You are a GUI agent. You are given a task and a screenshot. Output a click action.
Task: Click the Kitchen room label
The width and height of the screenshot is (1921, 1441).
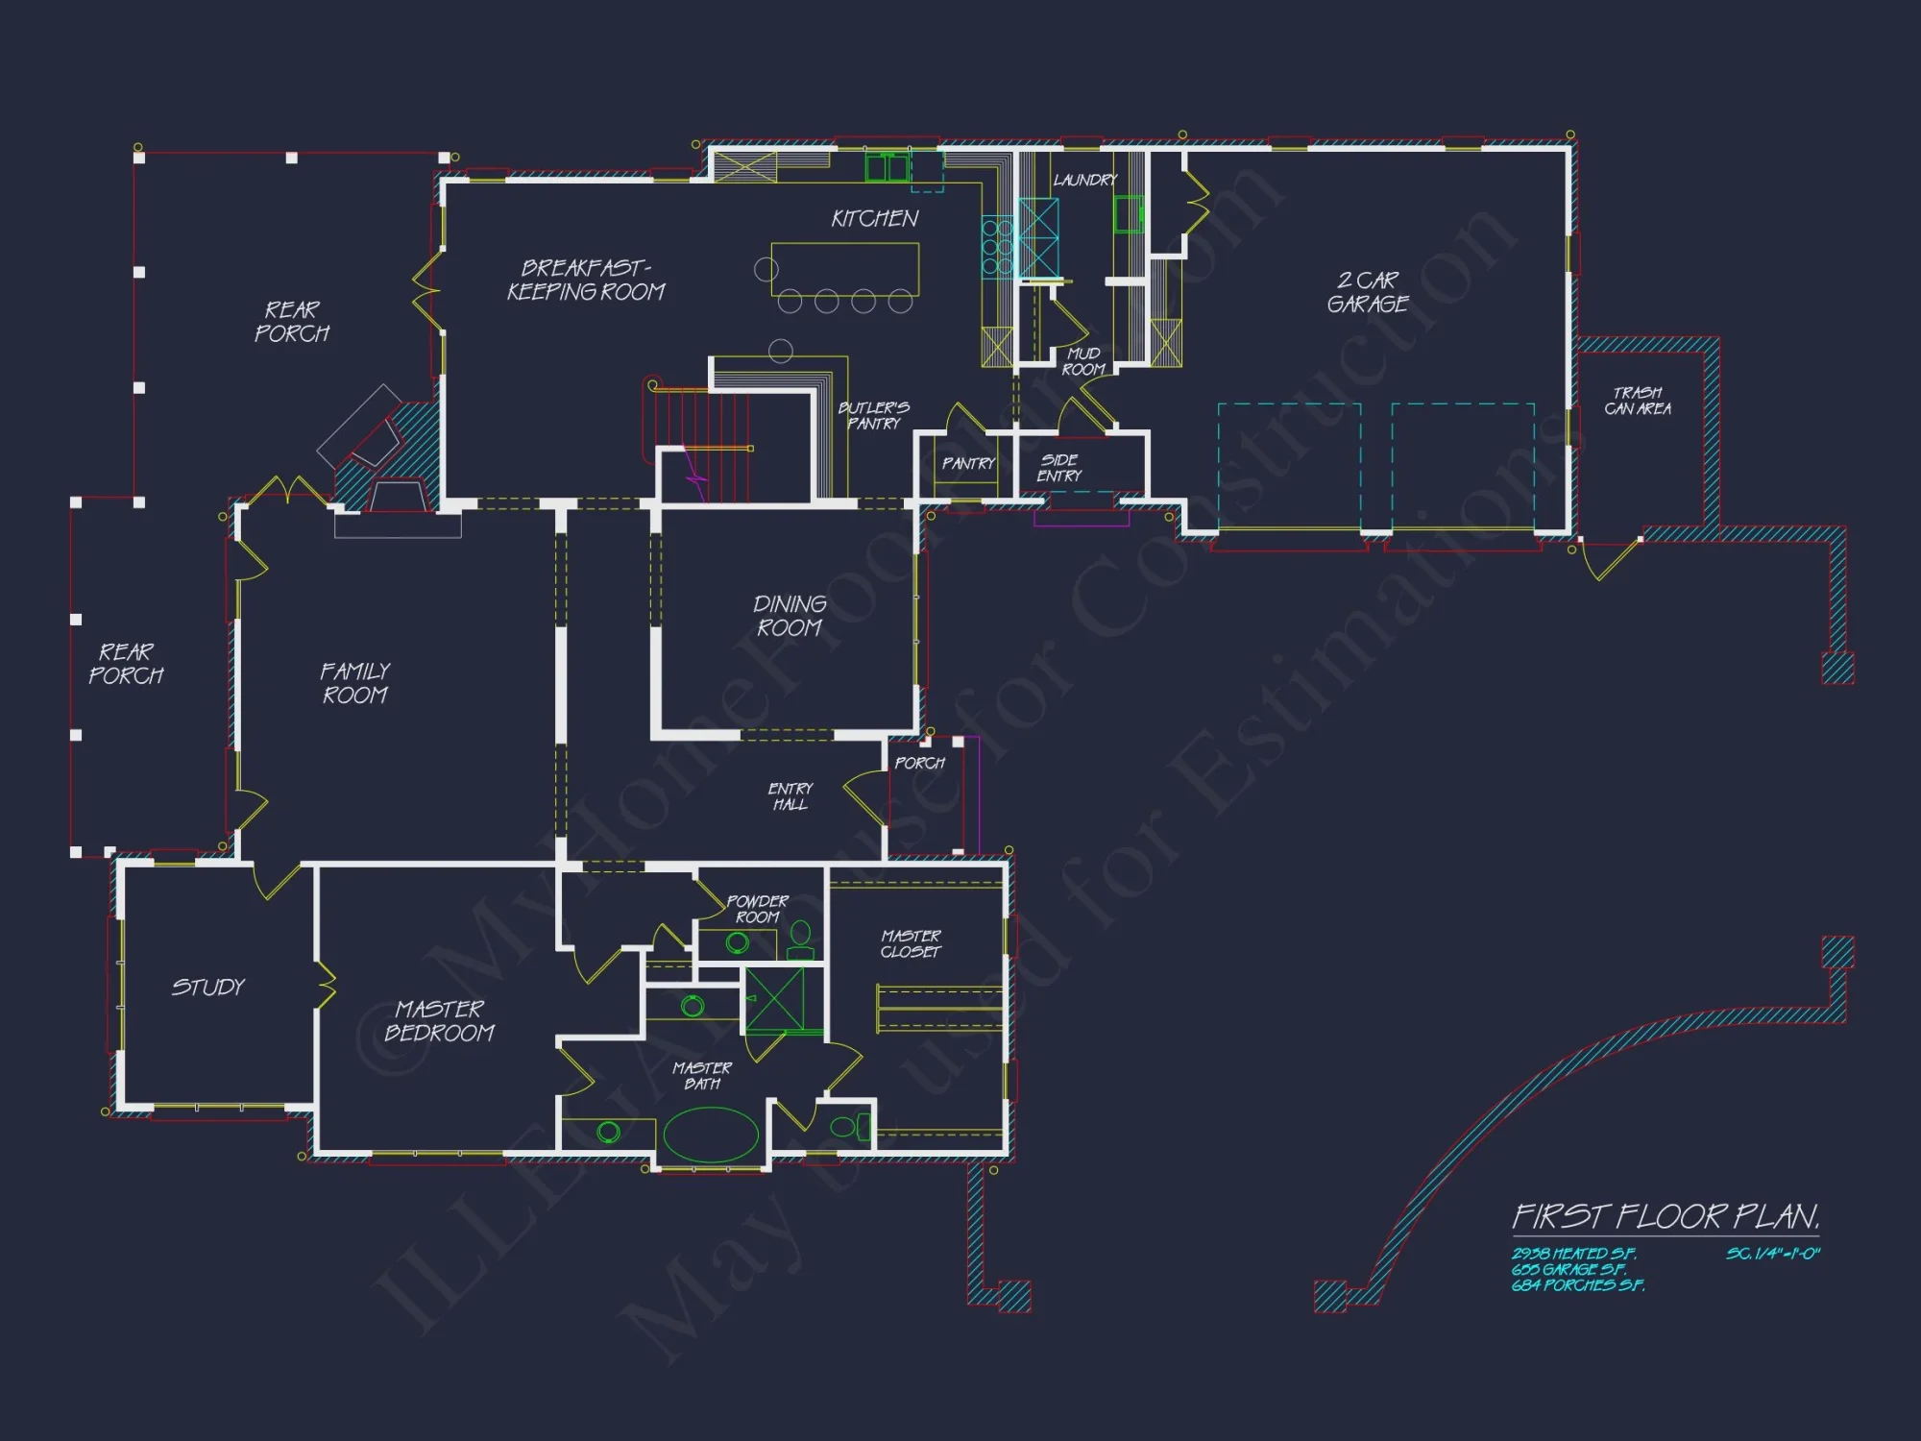pyautogui.click(x=874, y=219)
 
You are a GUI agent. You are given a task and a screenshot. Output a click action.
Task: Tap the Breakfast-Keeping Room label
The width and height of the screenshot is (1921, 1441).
pyautogui.click(x=586, y=280)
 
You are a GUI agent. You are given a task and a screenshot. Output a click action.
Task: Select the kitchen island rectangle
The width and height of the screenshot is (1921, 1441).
pyautogui.click(x=845, y=268)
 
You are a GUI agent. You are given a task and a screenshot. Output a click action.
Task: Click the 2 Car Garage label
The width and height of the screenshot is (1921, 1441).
pyautogui.click(x=1368, y=292)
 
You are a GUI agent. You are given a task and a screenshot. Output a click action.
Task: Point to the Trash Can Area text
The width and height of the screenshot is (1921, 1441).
pyautogui.click(x=1638, y=401)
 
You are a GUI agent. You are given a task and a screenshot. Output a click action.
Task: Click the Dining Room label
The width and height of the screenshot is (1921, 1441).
pyautogui.click(x=790, y=616)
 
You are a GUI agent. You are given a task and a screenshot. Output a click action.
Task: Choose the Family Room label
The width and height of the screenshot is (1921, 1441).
pyautogui.click(x=355, y=683)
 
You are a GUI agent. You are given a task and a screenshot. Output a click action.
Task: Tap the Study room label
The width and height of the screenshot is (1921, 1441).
pyautogui.click(x=208, y=988)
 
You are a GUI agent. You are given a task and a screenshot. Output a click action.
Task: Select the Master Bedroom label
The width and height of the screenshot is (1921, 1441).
pyautogui.click(x=439, y=1020)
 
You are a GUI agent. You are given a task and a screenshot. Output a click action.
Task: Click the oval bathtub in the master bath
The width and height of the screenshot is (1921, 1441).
pyautogui.click(x=711, y=1135)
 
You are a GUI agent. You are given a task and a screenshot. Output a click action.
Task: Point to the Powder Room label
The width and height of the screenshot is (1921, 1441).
pyautogui.click(x=757, y=909)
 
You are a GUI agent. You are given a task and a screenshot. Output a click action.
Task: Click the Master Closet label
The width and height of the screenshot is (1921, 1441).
pyautogui.click(x=911, y=943)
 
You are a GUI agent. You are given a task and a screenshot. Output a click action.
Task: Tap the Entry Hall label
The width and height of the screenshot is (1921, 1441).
pyautogui.click(x=790, y=796)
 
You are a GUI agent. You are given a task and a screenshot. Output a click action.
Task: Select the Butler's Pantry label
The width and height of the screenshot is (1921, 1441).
pyautogui.click(x=874, y=415)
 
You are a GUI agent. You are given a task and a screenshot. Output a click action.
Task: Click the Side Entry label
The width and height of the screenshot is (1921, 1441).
pyautogui.click(x=1059, y=468)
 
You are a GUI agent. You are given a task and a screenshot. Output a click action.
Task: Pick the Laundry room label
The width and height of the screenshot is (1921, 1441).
pyautogui.click(x=1084, y=180)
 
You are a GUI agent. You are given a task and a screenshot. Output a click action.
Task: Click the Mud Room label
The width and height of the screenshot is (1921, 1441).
pyautogui.click(x=1083, y=361)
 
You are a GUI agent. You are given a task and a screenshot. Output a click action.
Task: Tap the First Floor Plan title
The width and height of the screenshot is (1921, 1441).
pyautogui.click(x=1666, y=1217)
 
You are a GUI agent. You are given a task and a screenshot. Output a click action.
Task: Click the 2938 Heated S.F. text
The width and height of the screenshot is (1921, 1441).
pyautogui.click(x=1573, y=1254)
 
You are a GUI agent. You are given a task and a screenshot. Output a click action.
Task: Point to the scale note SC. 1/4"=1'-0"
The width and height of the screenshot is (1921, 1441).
pyautogui.click(x=1772, y=1254)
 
